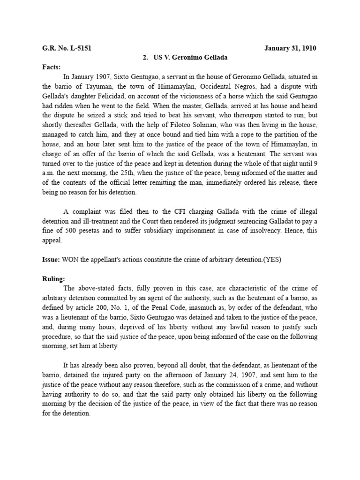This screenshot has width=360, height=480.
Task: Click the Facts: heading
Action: point(52,67)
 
